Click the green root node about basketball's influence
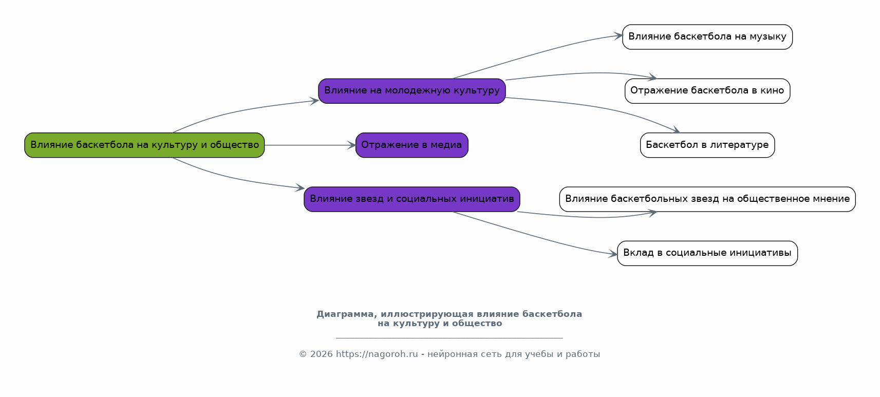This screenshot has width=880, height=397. tap(144, 145)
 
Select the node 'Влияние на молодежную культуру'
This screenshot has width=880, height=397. tap(411, 91)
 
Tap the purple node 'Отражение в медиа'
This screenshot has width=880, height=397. tap(411, 145)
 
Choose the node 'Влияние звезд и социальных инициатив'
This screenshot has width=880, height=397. tap(411, 199)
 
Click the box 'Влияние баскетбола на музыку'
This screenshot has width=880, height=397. tap(707, 37)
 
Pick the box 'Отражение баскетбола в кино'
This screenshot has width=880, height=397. tap(707, 91)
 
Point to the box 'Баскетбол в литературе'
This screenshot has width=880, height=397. tap(707, 145)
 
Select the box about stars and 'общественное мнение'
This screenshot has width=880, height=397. tap(707, 199)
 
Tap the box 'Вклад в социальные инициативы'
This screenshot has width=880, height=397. tap(707, 254)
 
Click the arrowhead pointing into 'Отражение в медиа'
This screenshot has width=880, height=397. tap(352, 145)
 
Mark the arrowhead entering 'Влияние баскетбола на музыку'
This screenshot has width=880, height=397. tap(619, 36)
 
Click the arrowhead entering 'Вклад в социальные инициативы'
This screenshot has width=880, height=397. tap(613, 254)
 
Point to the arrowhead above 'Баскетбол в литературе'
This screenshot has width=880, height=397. tap(676, 130)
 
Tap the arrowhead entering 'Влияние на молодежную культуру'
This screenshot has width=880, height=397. tap(314, 101)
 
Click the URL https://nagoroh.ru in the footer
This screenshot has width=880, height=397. tap(377, 354)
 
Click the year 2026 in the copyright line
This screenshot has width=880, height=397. tap(322, 354)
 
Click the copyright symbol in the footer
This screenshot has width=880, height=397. tap(303, 354)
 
